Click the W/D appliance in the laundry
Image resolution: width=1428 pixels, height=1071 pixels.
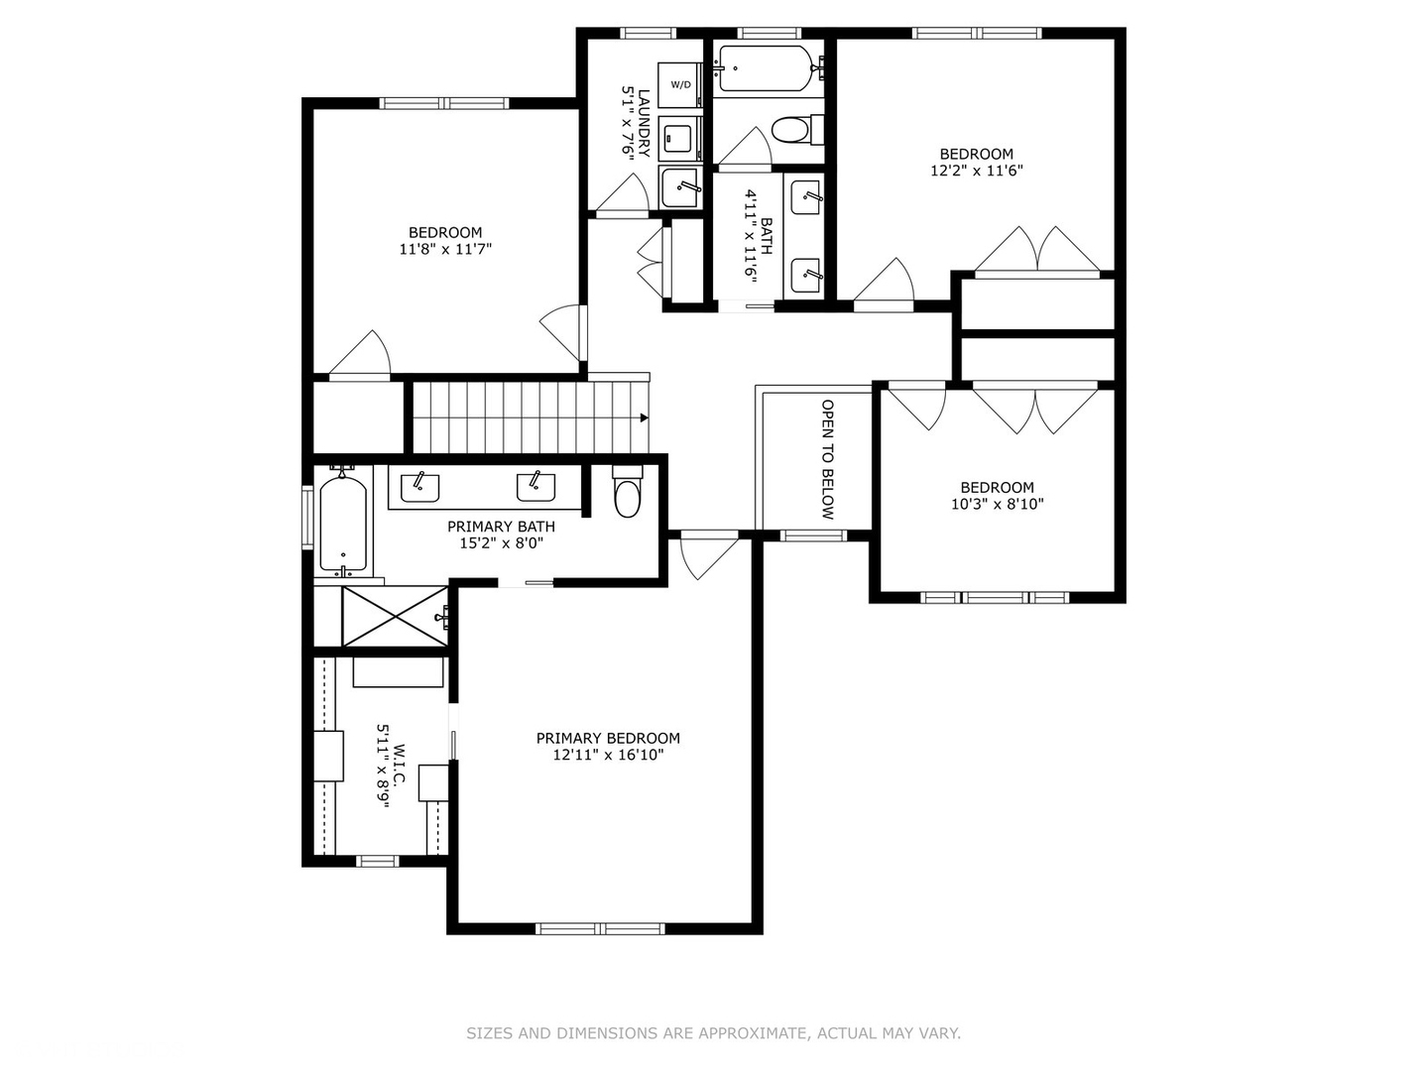[x=681, y=84]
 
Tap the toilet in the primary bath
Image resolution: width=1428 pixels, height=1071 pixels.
[x=628, y=493]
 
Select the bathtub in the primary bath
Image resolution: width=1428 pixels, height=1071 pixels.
[x=343, y=525]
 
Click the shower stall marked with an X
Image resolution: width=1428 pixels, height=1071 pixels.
[x=395, y=616]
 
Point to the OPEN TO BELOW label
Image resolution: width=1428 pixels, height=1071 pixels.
[x=827, y=459]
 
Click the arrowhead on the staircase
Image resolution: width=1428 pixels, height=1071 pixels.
[x=644, y=418]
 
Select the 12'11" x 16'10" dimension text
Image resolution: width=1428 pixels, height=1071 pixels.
[x=608, y=755]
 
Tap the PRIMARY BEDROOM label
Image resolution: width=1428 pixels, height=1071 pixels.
[x=608, y=738]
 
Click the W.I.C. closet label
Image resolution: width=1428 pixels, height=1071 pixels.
[x=399, y=765]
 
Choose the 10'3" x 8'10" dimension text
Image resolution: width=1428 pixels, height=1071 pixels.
[x=997, y=504]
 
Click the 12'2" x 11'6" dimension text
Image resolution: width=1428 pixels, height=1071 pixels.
[x=976, y=170]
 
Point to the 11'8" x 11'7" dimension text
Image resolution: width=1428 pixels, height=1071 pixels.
[x=445, y=249]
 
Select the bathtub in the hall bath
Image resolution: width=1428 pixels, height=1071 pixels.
[x=767, y=68]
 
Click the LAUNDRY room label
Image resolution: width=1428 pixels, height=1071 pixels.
[x=644, y=123]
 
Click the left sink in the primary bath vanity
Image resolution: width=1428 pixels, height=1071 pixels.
[x=419, y=487]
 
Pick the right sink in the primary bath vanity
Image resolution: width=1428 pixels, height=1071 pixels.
[x=535, y=487]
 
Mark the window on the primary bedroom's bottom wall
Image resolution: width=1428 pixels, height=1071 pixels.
[x=599, y=929]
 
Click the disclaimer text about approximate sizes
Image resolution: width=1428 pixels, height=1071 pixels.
[x=713, y=1033]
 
